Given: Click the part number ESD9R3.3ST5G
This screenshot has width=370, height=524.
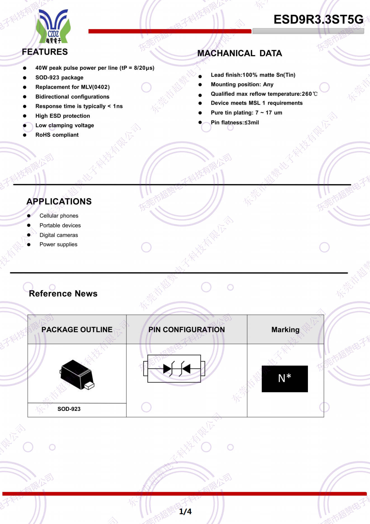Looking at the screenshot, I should point(318,20).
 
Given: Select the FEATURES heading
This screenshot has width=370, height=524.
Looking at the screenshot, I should point(45,52).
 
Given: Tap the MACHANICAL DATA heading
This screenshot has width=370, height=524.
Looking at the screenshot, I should point(240,53).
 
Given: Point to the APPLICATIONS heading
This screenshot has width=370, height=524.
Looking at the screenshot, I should point(59,201).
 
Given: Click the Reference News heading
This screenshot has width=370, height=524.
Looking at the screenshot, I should point(63,294).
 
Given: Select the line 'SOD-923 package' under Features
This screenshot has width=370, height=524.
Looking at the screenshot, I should point(59,78).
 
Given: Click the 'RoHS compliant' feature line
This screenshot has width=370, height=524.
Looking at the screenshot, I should point(57,135).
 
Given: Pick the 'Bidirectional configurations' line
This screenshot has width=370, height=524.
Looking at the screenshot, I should point(72,97).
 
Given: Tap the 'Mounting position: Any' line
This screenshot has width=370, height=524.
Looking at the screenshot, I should point(242,84).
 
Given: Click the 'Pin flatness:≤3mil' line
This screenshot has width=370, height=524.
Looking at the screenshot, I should point(235,122).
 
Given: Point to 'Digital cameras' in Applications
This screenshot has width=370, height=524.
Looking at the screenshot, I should point(59,235).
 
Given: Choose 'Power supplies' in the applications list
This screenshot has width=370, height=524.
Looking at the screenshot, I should point(58,244).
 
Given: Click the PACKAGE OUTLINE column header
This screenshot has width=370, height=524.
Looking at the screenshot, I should point(77,330).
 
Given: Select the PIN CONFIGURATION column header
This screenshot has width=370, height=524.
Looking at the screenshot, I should point(187,330).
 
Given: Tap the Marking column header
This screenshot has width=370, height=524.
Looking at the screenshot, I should point(285,330).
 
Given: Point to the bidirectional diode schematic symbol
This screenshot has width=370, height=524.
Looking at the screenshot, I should point(174,369).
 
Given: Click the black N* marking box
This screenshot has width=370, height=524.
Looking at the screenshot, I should point(285,379).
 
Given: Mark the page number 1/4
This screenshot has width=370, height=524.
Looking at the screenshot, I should point(185,511).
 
